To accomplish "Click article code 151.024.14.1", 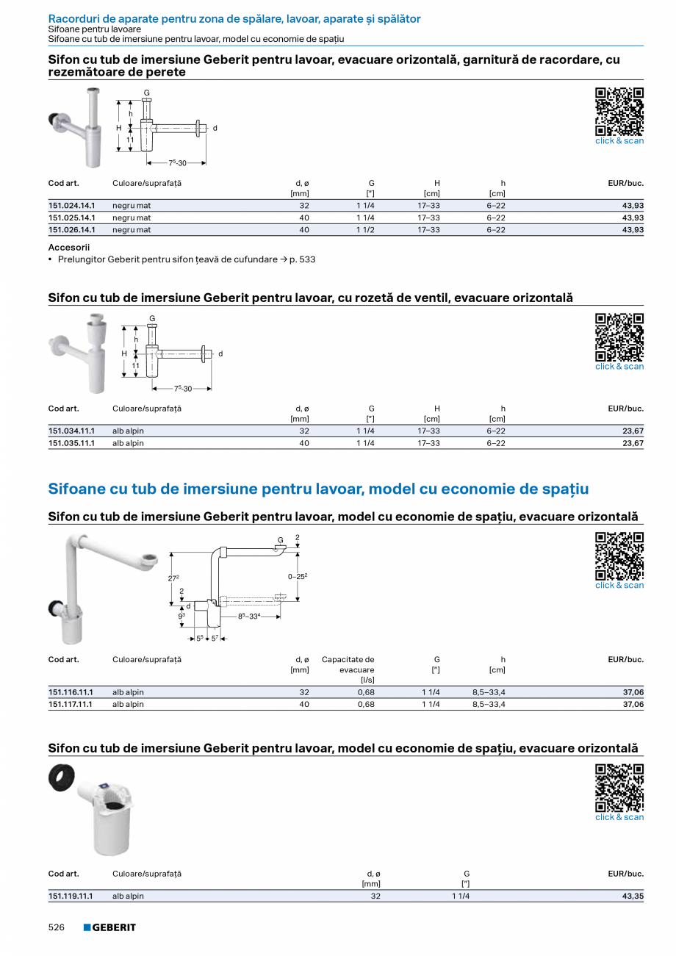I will pyautogui.click(x=71, y=206).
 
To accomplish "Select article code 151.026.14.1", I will pyautogui.click(x=71, y=230).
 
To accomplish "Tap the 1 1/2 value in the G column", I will pyautogui.click(x=365, y=230).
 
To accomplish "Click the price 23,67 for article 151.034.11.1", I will pyautogui.click(x=633, y=431).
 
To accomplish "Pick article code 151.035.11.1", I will pyautogui.click(x=71, y=443).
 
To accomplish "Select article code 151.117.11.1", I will pyautogui.click(x=71, y=704).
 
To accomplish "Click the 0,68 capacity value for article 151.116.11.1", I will pyautogui.click(x=365, y=692).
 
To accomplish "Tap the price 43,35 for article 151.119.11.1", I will pyautogui.click(x=633, y=896).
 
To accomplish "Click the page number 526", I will pyautogui.click(x=57, y=927).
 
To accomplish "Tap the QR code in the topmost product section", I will pyautogui.click(x=619, y=111).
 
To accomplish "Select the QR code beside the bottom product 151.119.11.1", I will pyautogui.click(x=619, y=787).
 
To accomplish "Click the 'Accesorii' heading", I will pyautogui.click(x=68, y=248).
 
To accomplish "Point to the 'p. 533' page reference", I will pyautogui.click(x=303, y=259).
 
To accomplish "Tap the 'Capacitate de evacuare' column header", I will pyautogui.click(x=348, y=664).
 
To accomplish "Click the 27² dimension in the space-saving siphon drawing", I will pyautogui.click(x=173, y=578).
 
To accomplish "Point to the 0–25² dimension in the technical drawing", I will pyautogui.click(x=297, y=576).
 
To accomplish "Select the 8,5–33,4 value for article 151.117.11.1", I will pyautogui.click(x=489, y=704).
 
